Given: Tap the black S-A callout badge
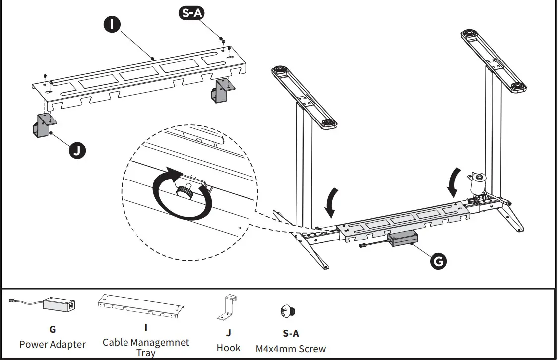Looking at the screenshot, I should coord(191,14).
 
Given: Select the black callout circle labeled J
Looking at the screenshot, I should coord(76,150).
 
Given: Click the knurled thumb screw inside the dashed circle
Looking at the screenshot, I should coord(185,191).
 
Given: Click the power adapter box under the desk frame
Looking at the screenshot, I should coord(402,240).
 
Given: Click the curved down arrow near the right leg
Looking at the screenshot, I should coord(453,183).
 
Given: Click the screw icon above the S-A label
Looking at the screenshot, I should coord(290,311).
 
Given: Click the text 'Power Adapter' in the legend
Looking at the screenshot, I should coord(52,344).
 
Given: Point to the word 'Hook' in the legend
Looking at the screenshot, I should coord(228,348).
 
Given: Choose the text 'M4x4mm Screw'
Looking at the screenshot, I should coord(291,349).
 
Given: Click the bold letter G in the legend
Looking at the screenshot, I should coord(52,329).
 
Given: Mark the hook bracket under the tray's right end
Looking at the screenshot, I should coord(220,90).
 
